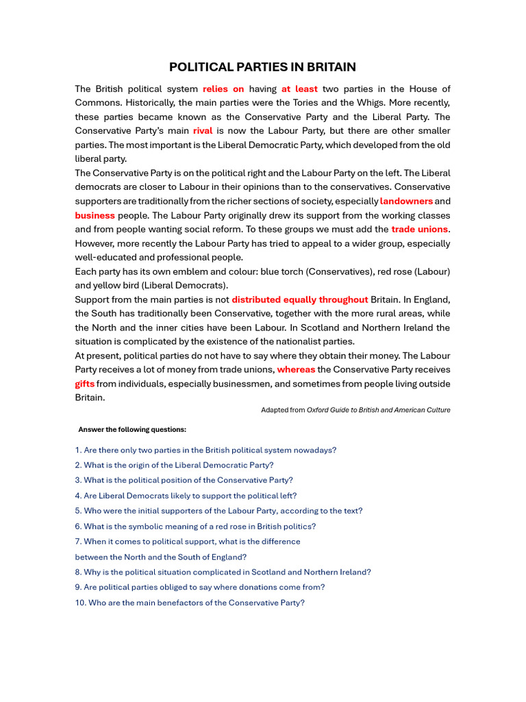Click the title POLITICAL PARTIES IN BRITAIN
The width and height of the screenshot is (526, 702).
263,67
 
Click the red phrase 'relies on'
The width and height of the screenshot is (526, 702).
223,89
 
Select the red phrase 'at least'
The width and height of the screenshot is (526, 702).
299,89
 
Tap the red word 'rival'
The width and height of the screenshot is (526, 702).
203,131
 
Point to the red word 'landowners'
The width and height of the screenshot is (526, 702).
406,202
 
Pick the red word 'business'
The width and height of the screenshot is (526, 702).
95,215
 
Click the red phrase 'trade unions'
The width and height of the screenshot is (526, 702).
419,230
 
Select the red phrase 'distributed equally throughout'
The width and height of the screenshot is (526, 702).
300,300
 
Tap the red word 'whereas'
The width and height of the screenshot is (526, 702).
296,370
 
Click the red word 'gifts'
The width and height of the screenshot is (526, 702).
84,384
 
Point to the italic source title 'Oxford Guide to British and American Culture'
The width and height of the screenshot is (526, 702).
378,410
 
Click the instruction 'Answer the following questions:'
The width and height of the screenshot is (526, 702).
132,430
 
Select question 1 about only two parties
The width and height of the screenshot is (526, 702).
205,450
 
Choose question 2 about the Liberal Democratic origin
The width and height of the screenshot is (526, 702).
174,465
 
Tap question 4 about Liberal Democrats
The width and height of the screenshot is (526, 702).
186,496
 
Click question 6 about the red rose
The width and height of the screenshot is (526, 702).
195,526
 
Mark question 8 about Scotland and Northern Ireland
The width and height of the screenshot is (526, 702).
223,572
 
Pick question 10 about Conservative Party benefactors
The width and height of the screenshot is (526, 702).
190,603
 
